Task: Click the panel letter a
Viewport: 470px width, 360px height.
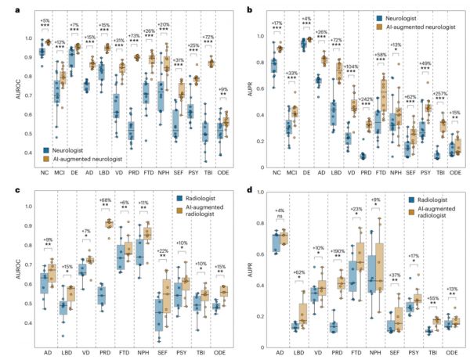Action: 6,6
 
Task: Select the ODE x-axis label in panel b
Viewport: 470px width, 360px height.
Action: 452,170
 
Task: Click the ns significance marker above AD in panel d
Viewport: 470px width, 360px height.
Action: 284,216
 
